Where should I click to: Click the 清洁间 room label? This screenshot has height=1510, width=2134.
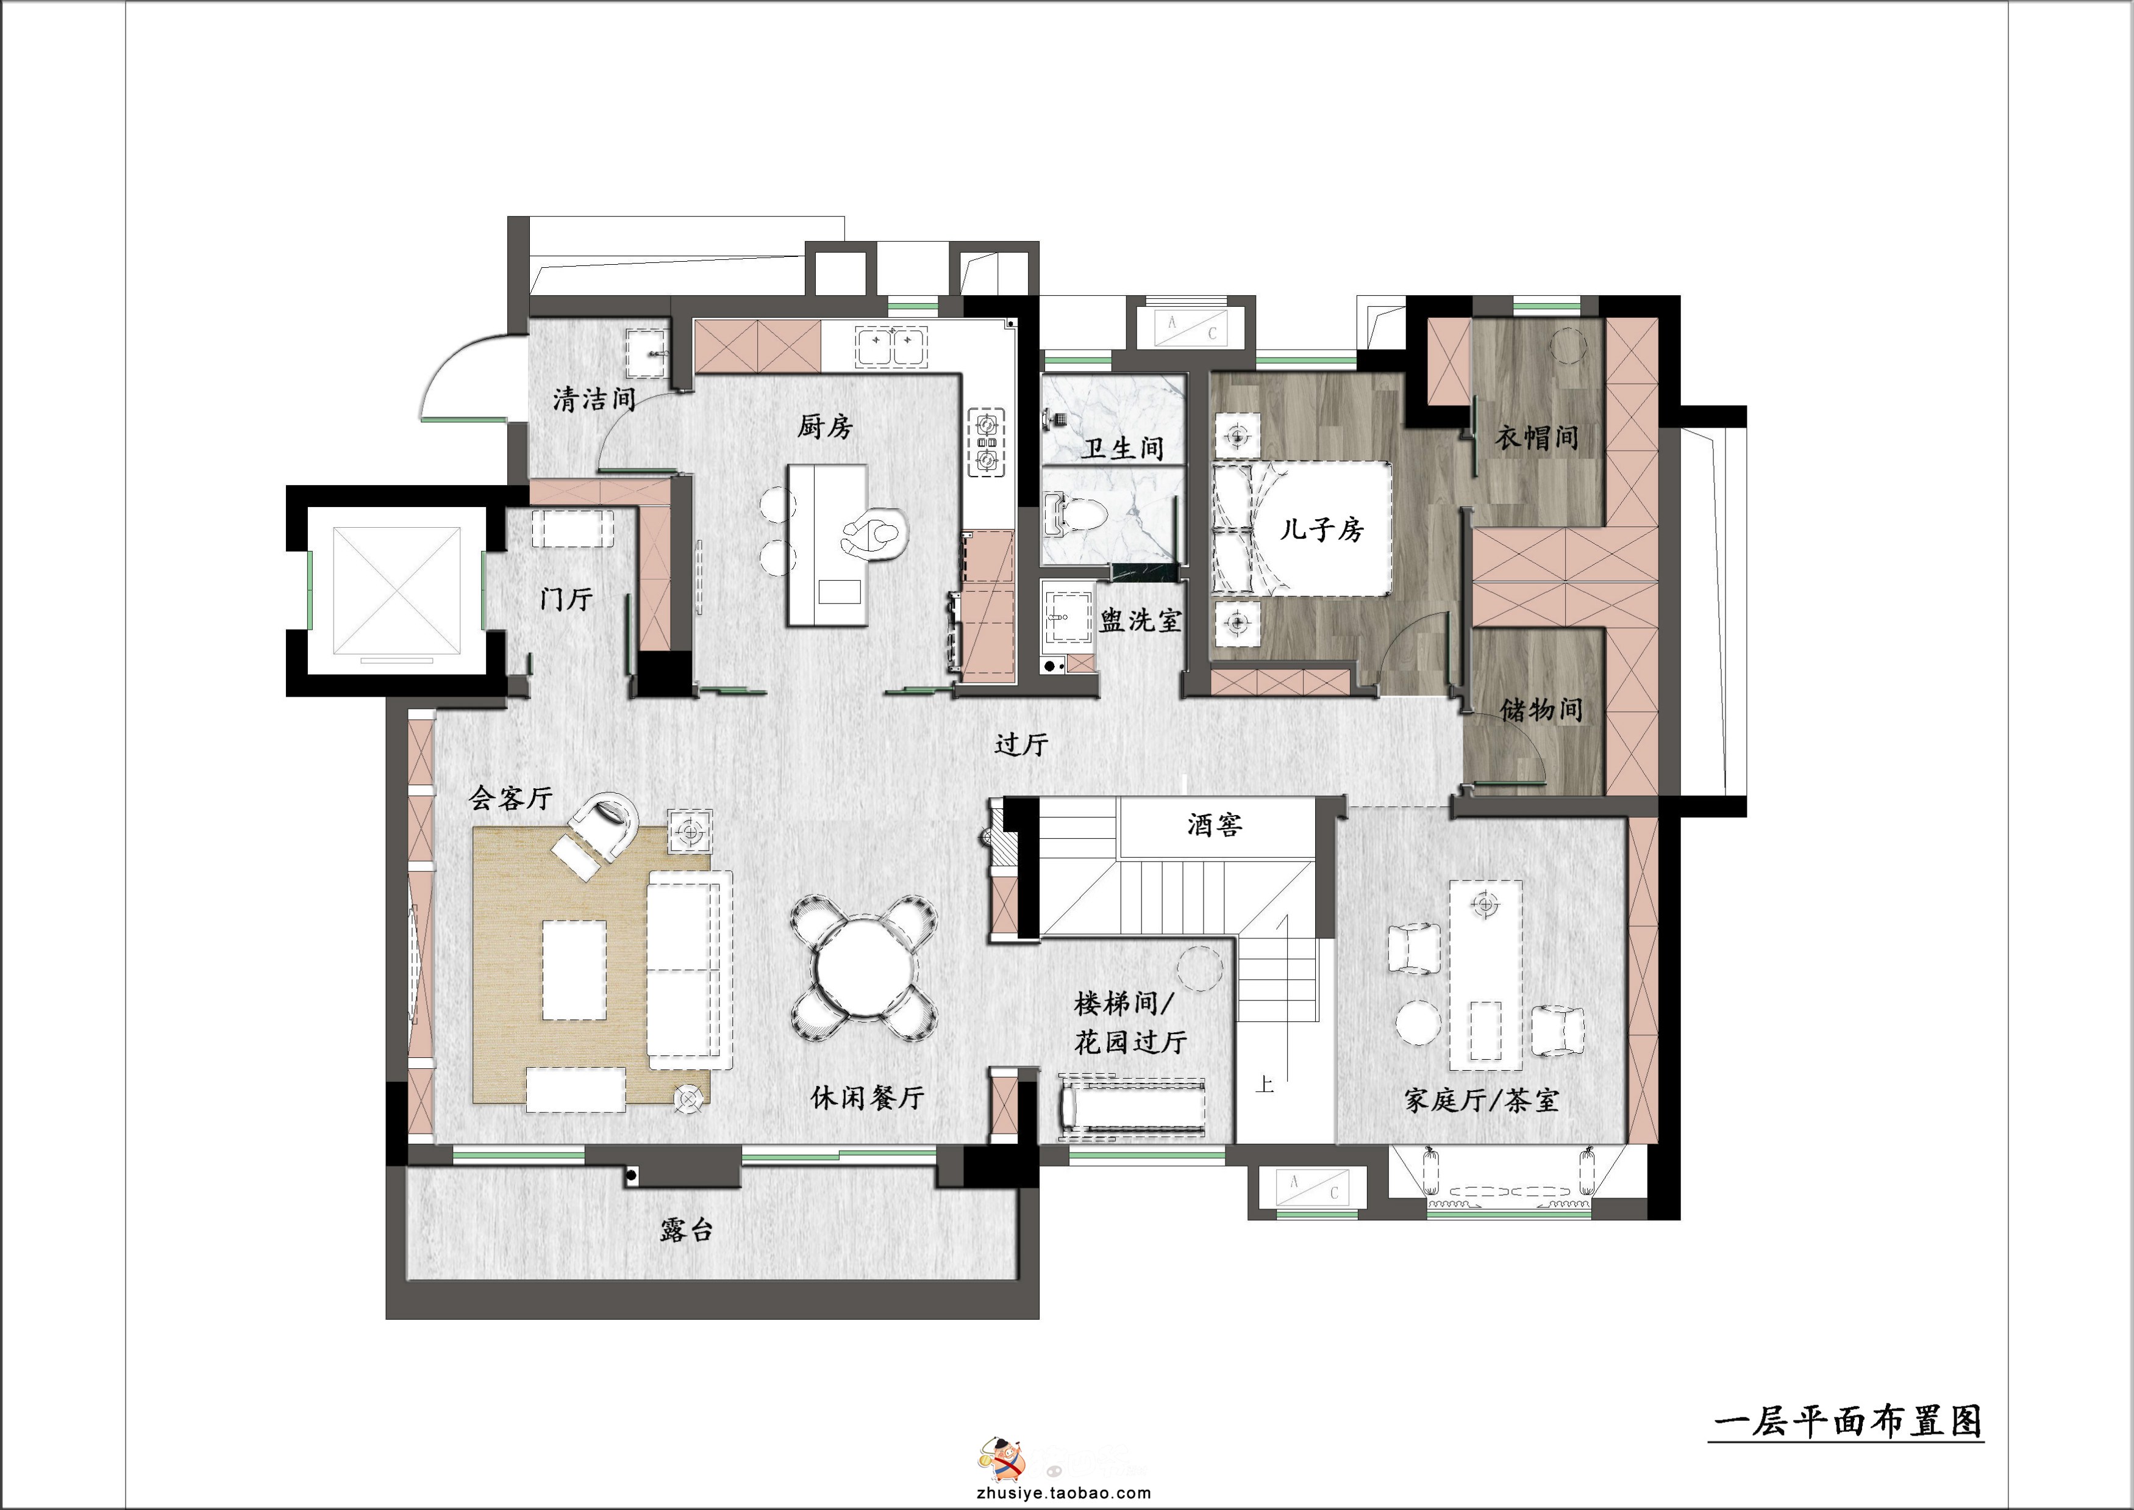click(x=594, y=399)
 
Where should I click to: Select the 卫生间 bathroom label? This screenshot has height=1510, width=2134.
click(x=1122, y=448)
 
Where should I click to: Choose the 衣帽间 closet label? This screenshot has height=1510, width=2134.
click(x=1536, y=437)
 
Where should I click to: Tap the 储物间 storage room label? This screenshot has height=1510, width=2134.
click(x=1541, y=710)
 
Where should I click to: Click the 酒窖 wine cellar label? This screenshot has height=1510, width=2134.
click(x=1215, y=824)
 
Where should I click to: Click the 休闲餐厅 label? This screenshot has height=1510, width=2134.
click(x=867, y=1097)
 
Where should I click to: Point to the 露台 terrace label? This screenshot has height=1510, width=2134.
click(x=687, y=1229)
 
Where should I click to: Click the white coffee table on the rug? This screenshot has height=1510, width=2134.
click(x=574, y=970)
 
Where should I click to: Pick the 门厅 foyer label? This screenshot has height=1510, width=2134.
click(x=566, y=598)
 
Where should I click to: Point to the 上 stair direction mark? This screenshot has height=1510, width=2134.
click(x=1264, y=1084)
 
